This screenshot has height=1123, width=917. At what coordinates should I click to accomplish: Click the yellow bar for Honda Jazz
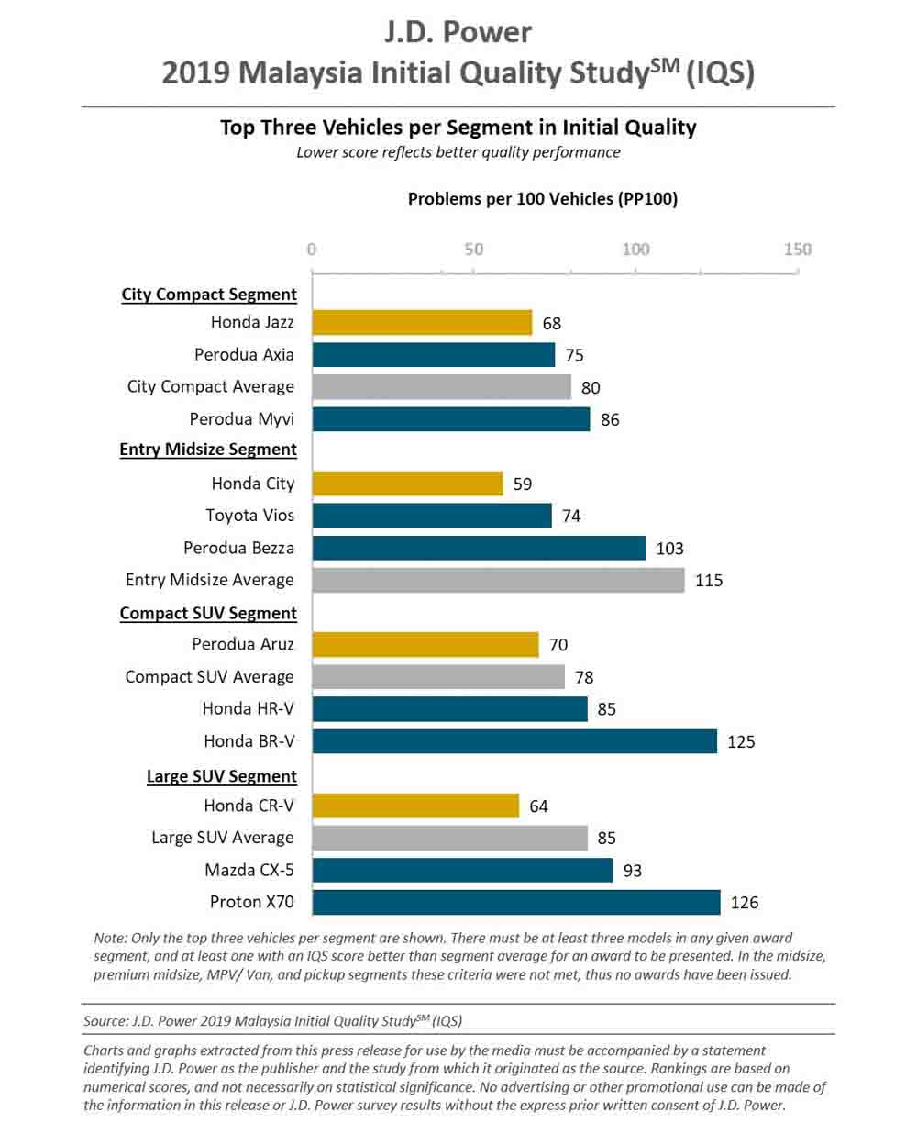422,323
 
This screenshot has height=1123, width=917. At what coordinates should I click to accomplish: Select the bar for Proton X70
516,902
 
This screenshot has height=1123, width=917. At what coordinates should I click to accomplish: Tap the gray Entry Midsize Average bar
498,580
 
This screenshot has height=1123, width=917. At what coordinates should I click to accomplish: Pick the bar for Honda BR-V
514,740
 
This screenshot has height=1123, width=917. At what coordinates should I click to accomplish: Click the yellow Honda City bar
407,484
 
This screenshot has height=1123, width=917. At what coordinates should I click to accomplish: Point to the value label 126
745,903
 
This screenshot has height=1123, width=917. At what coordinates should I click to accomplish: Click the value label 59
523,484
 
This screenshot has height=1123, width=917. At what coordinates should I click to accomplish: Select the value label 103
669,549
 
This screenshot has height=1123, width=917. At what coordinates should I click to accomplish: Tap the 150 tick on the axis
798,250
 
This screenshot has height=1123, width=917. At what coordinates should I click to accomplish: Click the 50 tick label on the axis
473,250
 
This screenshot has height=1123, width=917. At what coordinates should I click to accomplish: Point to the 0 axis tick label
312,250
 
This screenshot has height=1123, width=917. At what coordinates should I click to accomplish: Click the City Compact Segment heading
209,295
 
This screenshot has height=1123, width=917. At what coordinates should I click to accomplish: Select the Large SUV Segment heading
222,776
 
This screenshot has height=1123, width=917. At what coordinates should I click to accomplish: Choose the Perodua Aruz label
243,644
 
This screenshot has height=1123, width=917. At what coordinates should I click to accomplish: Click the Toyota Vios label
250,516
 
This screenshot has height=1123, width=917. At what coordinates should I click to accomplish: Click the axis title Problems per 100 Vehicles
543,198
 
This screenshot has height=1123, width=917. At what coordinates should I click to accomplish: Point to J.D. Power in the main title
458,32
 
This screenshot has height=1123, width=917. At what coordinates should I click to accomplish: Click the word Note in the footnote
110,938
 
